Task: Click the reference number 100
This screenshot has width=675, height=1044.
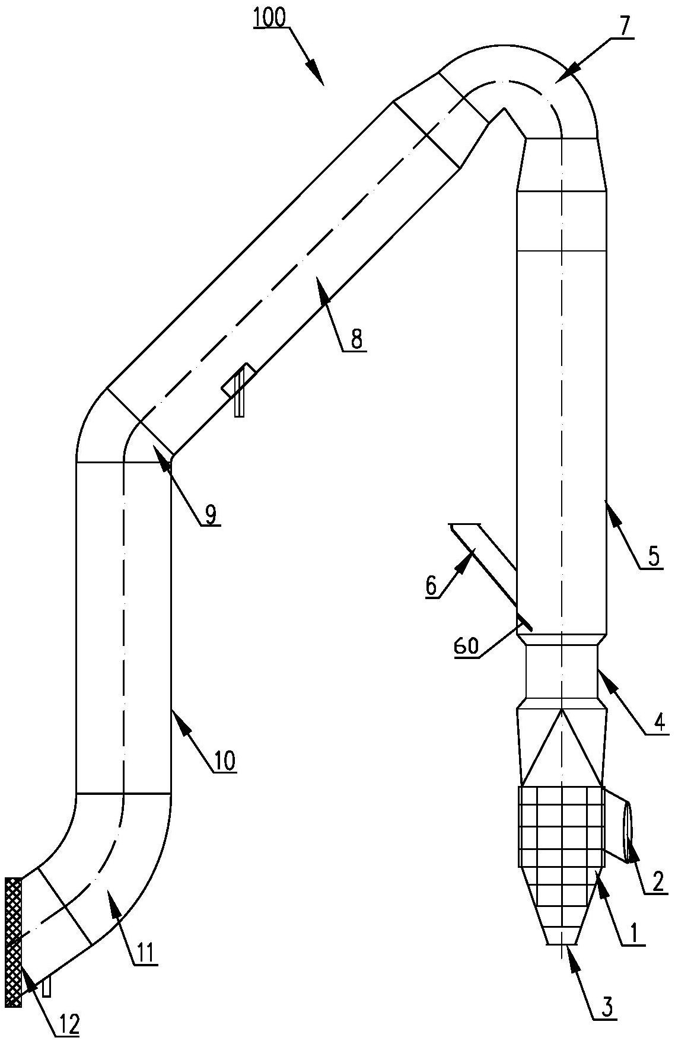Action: [270, 18]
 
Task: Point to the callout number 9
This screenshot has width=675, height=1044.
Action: [210, 514]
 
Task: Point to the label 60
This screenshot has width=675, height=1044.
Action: [466, 646]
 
